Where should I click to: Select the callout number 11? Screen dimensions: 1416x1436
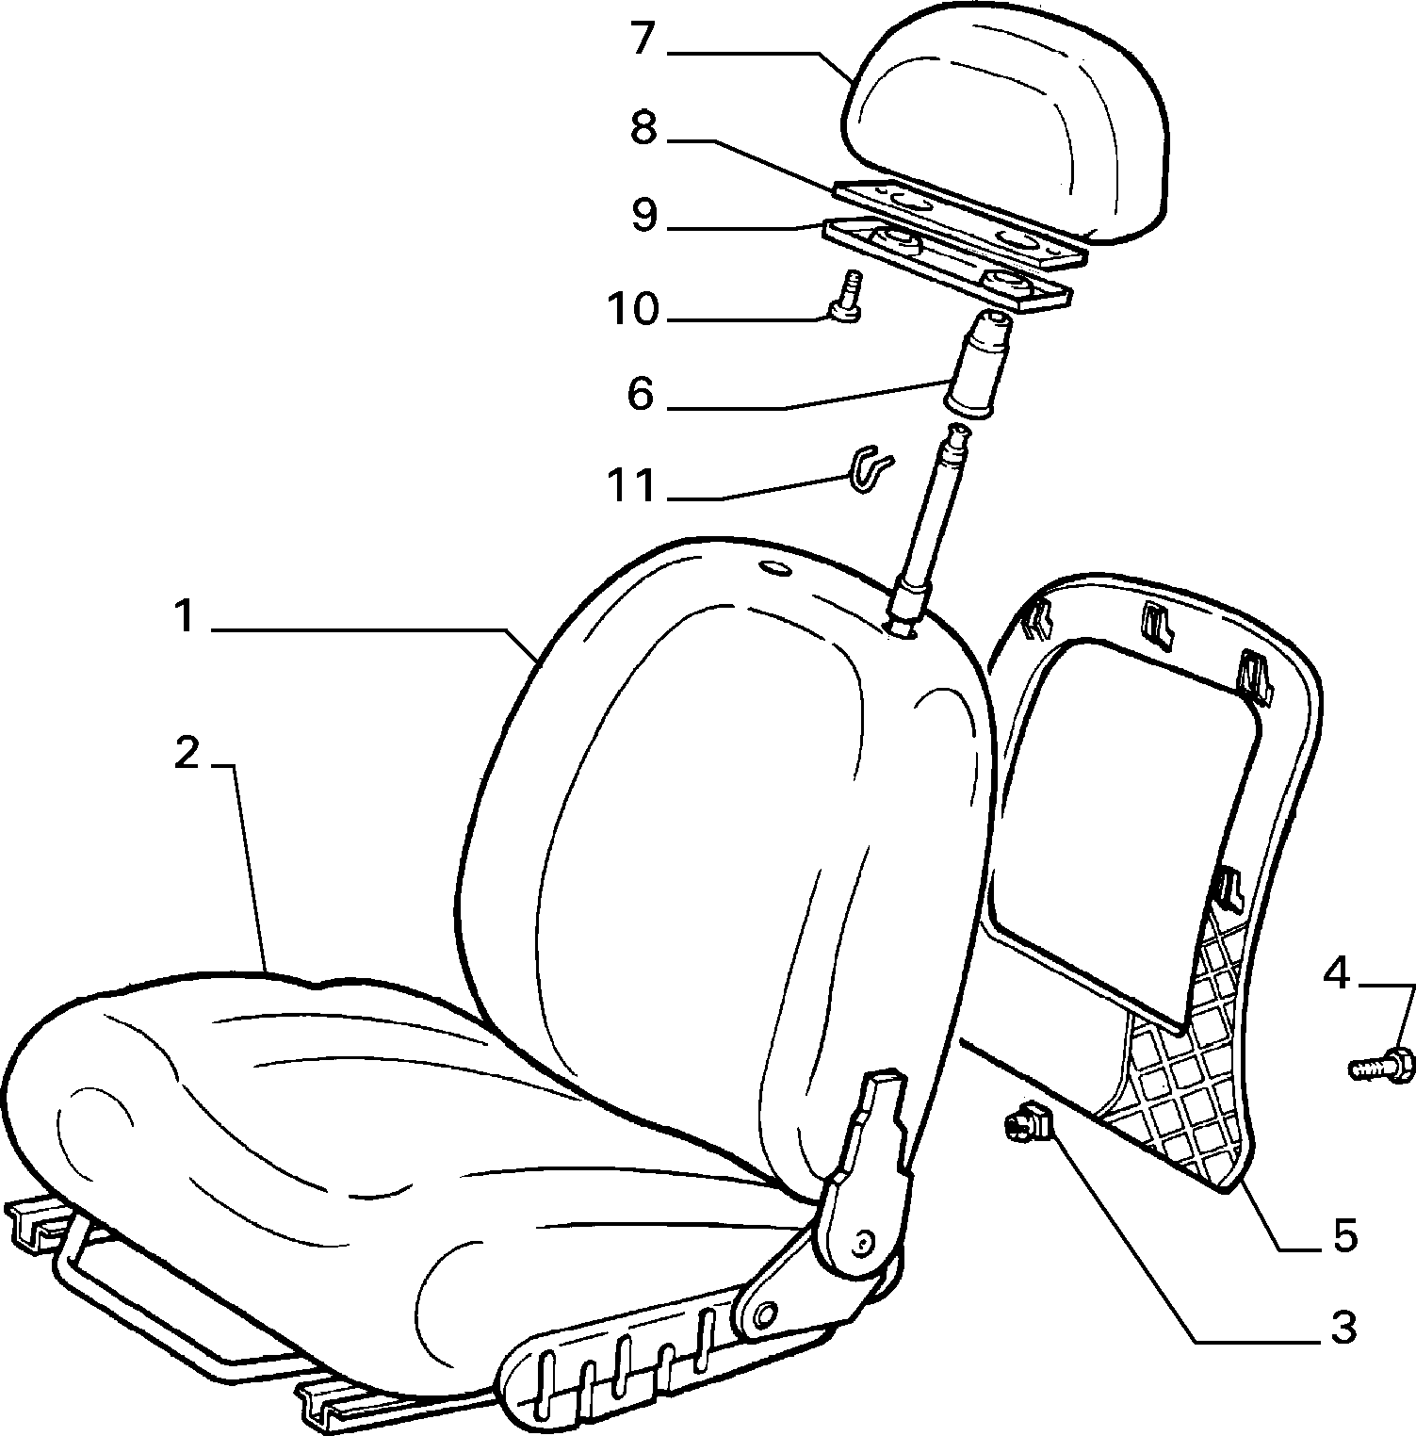tap(631, 486)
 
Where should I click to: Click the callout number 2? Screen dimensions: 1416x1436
tap(188, 754)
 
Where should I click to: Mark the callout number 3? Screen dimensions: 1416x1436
tap(1343, 1328)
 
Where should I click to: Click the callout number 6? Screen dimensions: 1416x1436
tap(641, 394)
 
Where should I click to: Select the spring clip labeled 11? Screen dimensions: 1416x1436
tap(871, 467)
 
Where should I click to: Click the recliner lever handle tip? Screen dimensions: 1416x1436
tap(883, 1080)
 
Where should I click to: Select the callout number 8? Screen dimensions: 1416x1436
tap(644, 129)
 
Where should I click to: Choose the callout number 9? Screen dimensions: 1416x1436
tap(644, 216)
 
